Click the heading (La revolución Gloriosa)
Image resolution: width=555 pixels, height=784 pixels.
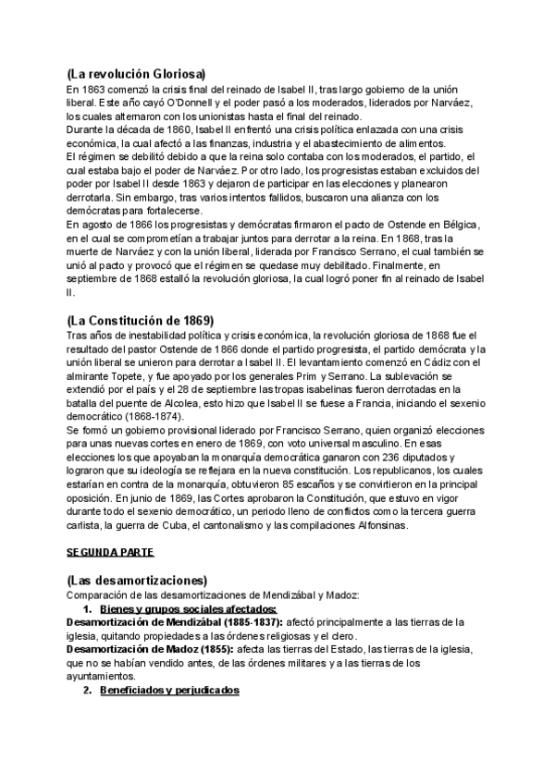[136, 73]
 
